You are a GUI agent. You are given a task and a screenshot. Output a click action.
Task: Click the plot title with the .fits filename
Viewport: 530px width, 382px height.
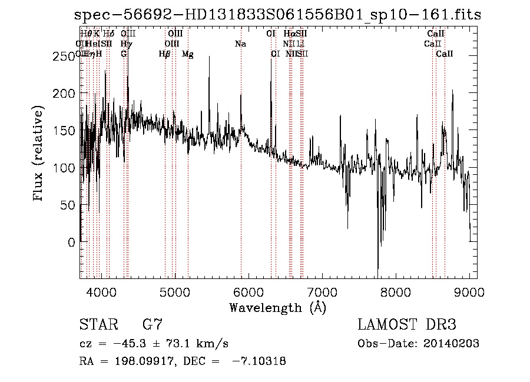coord(279,15)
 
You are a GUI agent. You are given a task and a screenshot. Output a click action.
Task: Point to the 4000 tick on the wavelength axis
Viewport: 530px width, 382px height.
coord(101,291)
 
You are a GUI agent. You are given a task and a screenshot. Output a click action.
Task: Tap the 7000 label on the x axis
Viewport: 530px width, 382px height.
coord(322,291)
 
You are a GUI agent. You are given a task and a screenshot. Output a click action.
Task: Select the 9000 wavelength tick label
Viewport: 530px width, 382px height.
coord(469,291)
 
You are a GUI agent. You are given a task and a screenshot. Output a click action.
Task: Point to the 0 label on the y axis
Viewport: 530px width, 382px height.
coord(72,242)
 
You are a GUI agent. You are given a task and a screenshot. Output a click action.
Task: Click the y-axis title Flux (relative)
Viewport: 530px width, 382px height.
coord(39,154)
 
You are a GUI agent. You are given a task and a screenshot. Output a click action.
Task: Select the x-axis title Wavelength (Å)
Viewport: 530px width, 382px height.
coord(278,307)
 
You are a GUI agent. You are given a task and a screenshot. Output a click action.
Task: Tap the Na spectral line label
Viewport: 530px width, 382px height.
coord(240,44)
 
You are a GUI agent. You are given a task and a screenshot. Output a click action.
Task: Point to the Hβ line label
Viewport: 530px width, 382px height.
coord(165,54)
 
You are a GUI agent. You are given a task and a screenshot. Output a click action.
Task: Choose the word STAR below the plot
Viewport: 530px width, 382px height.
coord(98,325)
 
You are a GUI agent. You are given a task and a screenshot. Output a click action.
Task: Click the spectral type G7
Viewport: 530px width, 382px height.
coord(152,325)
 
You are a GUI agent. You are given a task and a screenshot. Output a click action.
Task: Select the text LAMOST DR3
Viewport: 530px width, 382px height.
coord(407,325)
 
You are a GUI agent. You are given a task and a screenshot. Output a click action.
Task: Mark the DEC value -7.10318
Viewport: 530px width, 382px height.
coord(259,361)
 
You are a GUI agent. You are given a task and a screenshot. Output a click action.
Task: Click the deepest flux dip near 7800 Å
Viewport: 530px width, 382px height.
coord(378,268)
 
